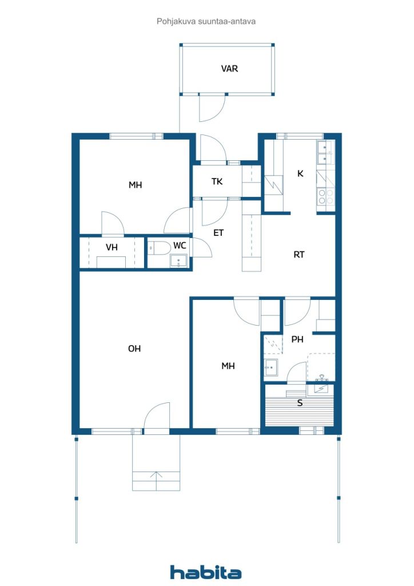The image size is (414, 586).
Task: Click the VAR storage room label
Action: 229,69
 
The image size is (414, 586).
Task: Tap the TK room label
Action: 217,182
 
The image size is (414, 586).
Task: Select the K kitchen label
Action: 300,173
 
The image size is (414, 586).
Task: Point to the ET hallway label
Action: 218,233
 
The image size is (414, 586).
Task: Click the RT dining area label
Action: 299,255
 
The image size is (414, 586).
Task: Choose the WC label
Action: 180,246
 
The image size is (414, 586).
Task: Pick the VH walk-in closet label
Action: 112,247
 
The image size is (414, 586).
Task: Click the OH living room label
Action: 134,349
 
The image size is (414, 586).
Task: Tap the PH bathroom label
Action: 297,339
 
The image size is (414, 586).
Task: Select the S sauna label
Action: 300,403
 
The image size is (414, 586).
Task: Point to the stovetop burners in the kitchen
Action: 325,197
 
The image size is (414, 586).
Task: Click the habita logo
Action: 205,572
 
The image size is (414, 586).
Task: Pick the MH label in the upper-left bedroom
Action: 135,185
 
